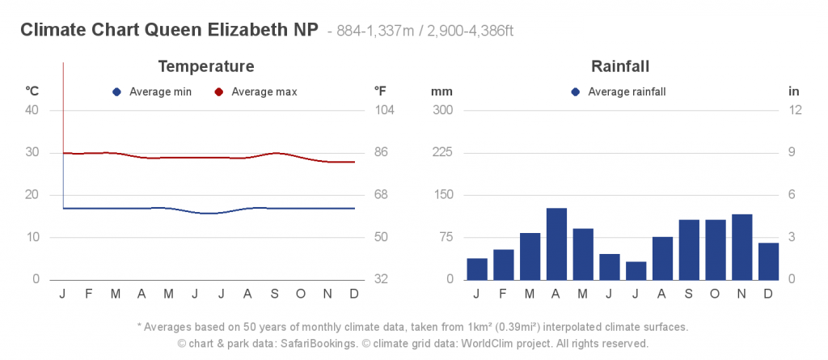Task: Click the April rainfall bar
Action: point(556,244)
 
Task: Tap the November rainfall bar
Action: point(741,247)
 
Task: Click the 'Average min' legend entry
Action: point(153,92)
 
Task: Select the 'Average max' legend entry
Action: point(256,92)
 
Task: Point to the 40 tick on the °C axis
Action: point(32,110)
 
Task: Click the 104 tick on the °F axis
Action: point(384,110)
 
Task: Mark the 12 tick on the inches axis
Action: point(794,110)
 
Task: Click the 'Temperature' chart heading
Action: point(206,66)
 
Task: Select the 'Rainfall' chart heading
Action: point(620,66)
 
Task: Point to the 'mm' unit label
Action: point(441,91)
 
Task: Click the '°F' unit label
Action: point(380,91)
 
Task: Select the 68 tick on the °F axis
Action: point(384,195)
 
